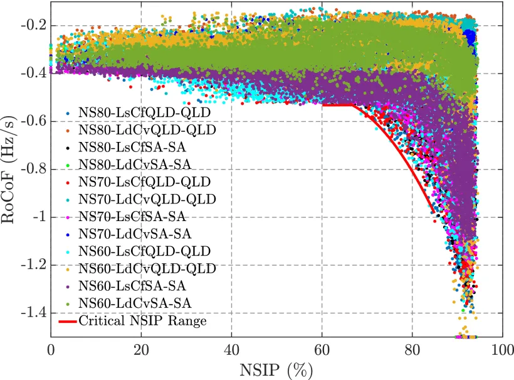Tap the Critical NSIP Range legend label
[x=142, y=321]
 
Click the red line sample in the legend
[x=67, y=321]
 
